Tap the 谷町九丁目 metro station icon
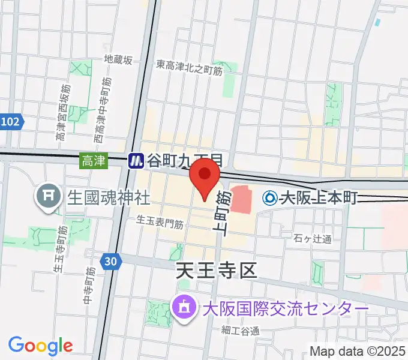(136, 161)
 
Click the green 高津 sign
(94, 161)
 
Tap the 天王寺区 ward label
(216, 271)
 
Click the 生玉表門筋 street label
(160, 222)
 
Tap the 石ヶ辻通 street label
(313, 239)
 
